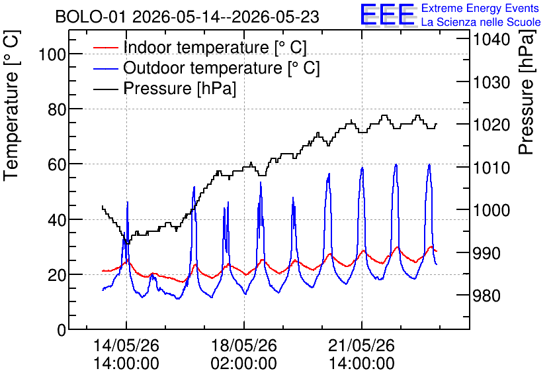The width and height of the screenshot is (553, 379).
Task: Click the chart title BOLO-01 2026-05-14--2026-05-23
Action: [187, 17]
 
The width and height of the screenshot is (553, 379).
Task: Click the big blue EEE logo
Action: [388, 15]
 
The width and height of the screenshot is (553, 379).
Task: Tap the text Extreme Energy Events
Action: [480, 8]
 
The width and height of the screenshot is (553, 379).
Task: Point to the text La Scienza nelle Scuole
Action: [481, 22]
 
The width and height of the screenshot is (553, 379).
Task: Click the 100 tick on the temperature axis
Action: [52, 55]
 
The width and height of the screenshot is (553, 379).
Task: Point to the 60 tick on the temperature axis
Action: [57, 164]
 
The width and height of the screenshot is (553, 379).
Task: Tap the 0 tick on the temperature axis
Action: [62, 330]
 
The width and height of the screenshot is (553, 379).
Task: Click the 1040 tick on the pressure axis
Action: [491, 39]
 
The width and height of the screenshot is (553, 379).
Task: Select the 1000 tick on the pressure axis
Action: [491, 210]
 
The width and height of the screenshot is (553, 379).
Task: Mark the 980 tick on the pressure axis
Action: [486, 296]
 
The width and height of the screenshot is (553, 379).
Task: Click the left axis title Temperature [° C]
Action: [11, 105]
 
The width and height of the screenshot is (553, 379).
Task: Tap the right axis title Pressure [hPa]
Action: [526, 92]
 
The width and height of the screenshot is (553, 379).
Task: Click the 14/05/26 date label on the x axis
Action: [126, 345]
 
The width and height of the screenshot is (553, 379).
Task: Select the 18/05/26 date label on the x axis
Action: [243, 345]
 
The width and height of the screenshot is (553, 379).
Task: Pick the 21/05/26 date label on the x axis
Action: [361, 345]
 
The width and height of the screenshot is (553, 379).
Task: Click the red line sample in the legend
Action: [105, 47]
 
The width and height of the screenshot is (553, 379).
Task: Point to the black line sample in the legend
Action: [105, 89]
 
